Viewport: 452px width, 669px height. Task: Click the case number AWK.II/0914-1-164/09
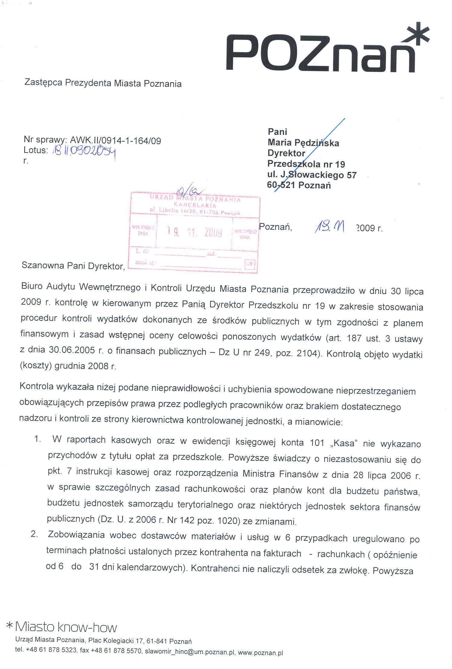tap(115, 140)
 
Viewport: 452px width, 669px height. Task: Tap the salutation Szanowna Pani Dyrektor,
tap(73, 266)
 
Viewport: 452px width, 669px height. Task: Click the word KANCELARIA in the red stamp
tap(195, 205)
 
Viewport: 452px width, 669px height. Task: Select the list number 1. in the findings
tap(37, 439)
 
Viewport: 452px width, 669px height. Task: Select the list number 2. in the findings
tap(34, 534)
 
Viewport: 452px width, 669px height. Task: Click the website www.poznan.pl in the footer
tap(260, 652)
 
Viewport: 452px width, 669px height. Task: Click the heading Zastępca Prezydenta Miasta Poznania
tap(103, 83)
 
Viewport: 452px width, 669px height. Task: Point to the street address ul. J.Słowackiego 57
tap(312, 175)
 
